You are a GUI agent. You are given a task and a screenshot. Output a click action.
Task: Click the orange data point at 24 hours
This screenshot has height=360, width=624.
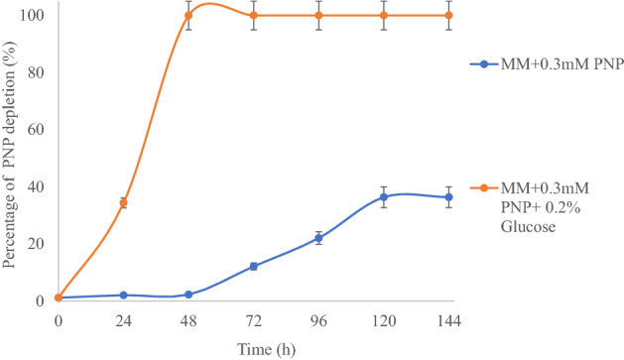pyautogui.click(x=123, y=202)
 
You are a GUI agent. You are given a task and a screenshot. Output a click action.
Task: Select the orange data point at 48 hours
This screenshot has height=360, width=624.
pyautogui.click(x=188, y=16)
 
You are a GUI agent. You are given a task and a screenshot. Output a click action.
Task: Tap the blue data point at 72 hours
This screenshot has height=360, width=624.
pyautogui.click(x=254, y=266)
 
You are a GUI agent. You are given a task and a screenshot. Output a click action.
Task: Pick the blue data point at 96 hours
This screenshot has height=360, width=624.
pyautogui.click(x=318, y=238)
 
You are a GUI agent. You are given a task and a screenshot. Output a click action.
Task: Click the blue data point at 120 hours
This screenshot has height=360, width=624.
pyautogui.click(x=384, y=197)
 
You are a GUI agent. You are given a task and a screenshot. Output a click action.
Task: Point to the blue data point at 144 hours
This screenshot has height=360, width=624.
pyautogui.click(x=448, y=197)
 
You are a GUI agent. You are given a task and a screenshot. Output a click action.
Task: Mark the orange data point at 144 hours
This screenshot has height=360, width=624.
pyautogui.click(x=448, y=16)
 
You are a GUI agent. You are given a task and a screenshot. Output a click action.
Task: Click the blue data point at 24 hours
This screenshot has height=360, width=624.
pyautogui.click(x=123, y=295)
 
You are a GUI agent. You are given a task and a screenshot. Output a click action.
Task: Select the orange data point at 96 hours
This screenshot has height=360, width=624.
pyautogui.click(x=318, y=16)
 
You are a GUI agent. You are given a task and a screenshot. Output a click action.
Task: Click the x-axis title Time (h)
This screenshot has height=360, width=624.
pyautogui.click(x=253, y=348)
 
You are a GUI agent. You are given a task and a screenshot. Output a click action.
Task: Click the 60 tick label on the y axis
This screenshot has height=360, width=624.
pyautogui.click(x=40, y=129)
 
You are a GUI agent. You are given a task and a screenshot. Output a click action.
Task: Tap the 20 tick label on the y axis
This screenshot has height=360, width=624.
pyautogui.click(x=40, y=243)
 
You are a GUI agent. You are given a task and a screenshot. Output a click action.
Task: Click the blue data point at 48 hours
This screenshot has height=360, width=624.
pyautogui.click(x=188, y=295)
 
